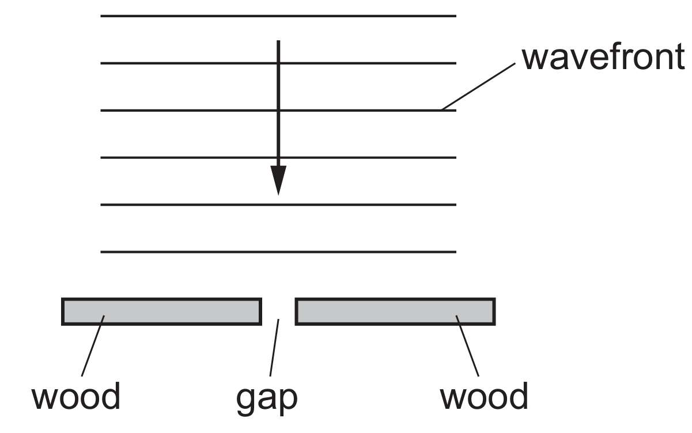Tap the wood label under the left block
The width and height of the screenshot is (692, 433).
coord(75,397)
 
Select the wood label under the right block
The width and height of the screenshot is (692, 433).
coord(483,397)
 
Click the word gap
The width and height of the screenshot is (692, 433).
coord(266,398)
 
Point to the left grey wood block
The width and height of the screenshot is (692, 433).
coord(161,311)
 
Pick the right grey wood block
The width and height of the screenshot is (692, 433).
coord(395,311)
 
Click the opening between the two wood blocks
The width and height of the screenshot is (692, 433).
coord(279,311)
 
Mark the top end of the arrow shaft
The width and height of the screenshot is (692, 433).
coord(278,43)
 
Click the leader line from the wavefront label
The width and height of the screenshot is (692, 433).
coord(478,86)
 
